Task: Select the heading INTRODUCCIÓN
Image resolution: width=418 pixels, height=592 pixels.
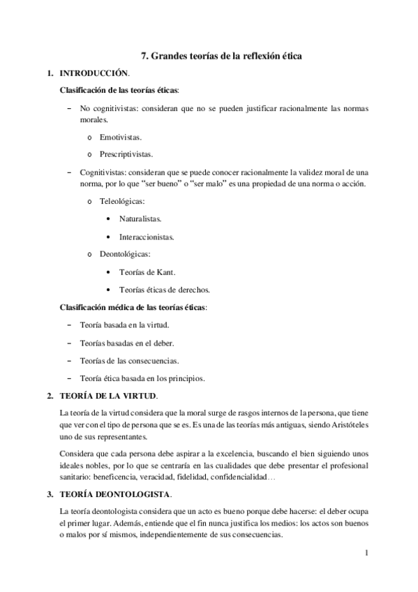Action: click(x=94, y=73)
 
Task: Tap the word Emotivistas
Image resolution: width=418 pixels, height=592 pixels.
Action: click(x=121, y=138)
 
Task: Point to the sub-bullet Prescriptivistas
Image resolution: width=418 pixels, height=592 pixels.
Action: click(x=126, y=154)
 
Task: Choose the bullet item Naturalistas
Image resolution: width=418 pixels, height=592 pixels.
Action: click(x=140, y=219)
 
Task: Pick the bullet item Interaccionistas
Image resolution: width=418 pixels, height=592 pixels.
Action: click(x=146, y=236)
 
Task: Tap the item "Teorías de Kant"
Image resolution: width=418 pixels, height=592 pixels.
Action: click(x=147, y=272)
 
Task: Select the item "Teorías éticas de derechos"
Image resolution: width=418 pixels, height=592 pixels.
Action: click(x=165, y=289)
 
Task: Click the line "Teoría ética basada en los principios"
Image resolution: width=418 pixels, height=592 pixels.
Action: click(x=142, y=378)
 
